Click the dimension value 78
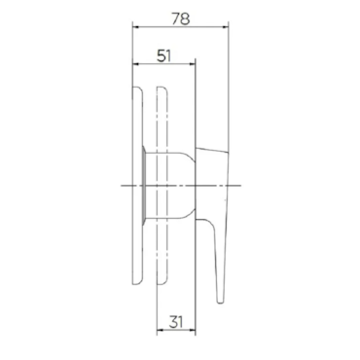(181, 18)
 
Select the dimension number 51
(163, 55)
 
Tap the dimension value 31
(176, 322)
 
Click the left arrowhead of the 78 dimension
(136, 27)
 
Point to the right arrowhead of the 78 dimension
(225, 27)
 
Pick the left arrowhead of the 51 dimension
(136, 64)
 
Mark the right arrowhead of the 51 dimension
(192, 64)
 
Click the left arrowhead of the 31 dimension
(161, 331)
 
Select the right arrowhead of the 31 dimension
(192, 331)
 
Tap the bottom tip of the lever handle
(221, 303)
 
